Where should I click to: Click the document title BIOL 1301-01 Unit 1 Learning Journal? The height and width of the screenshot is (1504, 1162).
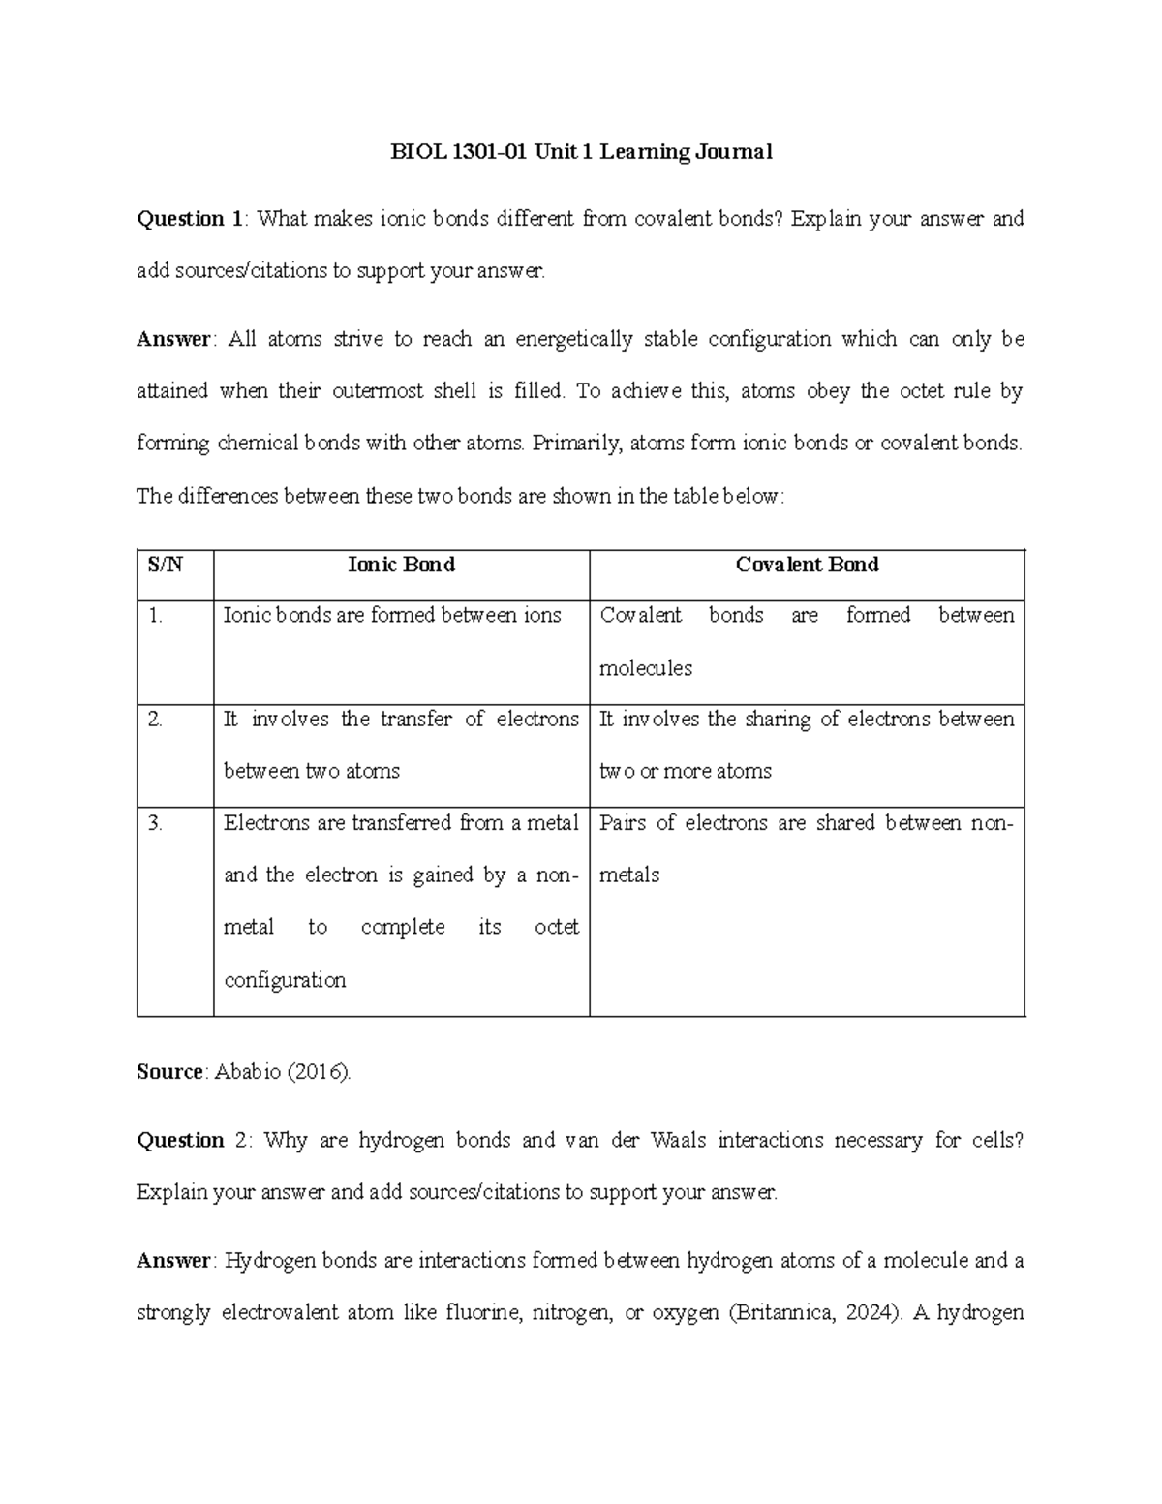(x=581, y=152)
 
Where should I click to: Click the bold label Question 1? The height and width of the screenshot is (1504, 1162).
(x=189, y=219)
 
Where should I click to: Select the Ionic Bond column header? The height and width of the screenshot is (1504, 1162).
(x=401, y=565)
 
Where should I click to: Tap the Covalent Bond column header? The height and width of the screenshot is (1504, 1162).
(x=807, y=565)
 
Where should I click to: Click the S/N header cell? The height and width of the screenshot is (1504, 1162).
(x=165, y=565)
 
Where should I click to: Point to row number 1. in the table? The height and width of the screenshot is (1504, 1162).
(x=156, y=616)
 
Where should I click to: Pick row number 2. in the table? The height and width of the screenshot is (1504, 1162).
(x=156, y=720)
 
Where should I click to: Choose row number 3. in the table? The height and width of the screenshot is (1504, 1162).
(x=156, y=823)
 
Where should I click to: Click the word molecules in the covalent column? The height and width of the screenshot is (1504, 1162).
(x=646, y=668)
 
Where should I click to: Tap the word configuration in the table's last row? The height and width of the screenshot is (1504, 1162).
(x=285, y=980)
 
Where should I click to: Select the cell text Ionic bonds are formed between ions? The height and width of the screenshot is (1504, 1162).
(x=392, y=616)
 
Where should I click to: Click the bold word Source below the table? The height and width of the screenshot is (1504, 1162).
(x=170, y=1072)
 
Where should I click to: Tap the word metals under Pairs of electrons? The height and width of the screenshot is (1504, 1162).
(x=629, y=875)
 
